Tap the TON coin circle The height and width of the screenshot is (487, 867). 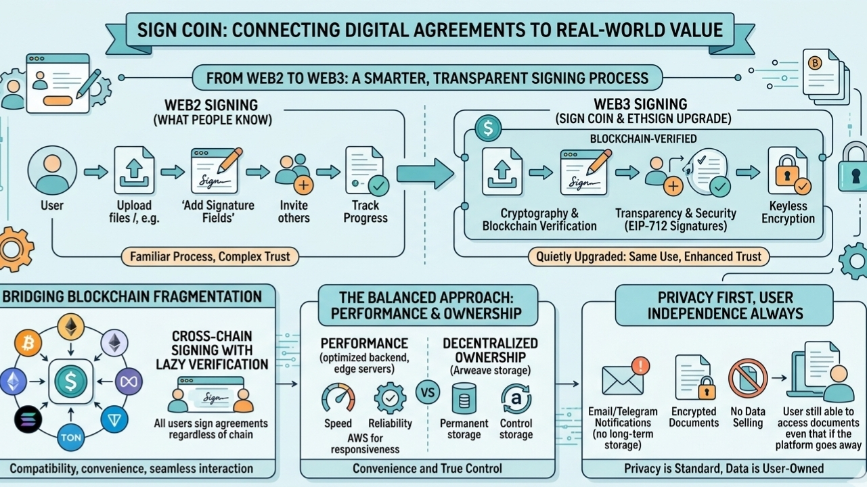pos(71,438)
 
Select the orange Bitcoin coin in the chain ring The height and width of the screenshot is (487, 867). pos(28,344)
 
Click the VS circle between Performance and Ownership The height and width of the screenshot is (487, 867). pos(428,392)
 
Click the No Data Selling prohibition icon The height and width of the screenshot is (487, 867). pos(747,378)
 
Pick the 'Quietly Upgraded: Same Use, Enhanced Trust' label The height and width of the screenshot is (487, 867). pos(648,256)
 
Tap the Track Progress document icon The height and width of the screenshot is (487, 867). pos(366,172)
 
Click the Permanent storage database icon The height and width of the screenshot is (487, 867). pos(464,398)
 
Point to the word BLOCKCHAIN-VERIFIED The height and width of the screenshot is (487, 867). pos(643,139)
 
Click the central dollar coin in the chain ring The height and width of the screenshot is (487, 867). pos(70,382)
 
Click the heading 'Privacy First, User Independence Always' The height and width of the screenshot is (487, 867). pos(725,305)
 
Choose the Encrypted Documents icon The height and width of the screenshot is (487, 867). pos(694,377)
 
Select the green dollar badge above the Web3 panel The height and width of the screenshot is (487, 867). pos(487,127)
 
